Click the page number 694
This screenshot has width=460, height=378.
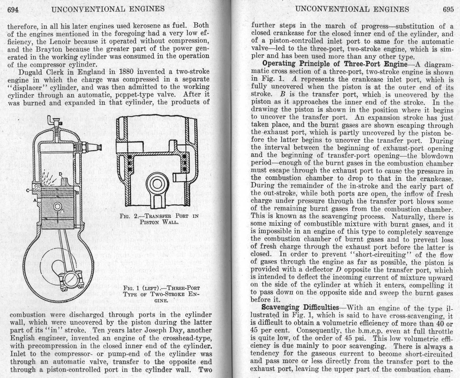pyautogui.click(x=13, y=10)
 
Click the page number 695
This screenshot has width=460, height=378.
pyautogui.click(x=448, y=10)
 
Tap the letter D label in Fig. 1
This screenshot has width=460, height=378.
pyautogui.click(x=60, y=174)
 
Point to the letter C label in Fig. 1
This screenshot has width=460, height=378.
pyautogui.click(x=28, y=191)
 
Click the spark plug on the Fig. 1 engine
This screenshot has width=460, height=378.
pyautogui.click(x=91, y=146)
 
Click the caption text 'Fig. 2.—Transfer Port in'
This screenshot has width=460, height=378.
pyautogui.click(x=159, y=216)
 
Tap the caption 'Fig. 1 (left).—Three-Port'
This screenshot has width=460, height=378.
pyautogui.click(x=162, y=288)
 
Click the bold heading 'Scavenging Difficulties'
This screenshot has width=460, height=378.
pyautogui.click(x=300, y=307)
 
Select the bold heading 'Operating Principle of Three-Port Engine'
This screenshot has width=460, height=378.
pyautogui.click(x=335, y=64)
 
